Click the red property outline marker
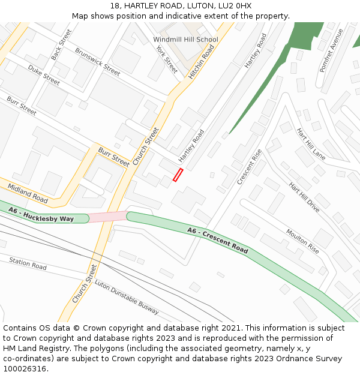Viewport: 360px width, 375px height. click(x=178, y=175)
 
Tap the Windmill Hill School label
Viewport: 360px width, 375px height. click(x=185, y=40)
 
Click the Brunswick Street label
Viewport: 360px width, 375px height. click(x=97, y=61)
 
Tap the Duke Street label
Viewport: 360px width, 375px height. click(x=44, y=76)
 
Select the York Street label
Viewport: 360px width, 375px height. click(x=167, y=59)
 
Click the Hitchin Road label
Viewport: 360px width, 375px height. click(x=201, y=62)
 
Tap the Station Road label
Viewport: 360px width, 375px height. click(x=28, y=262)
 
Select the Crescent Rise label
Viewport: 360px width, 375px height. click(x=250, y=166)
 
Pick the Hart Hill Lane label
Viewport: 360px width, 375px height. click(x=311, y=144)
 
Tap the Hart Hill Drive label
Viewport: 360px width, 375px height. click(x=304, y=197)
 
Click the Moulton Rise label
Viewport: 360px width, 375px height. click(x=302, y=241)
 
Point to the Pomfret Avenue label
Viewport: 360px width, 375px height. click(x=331, y=50)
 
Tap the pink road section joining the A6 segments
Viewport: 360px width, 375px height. click(x=108, y=216)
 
